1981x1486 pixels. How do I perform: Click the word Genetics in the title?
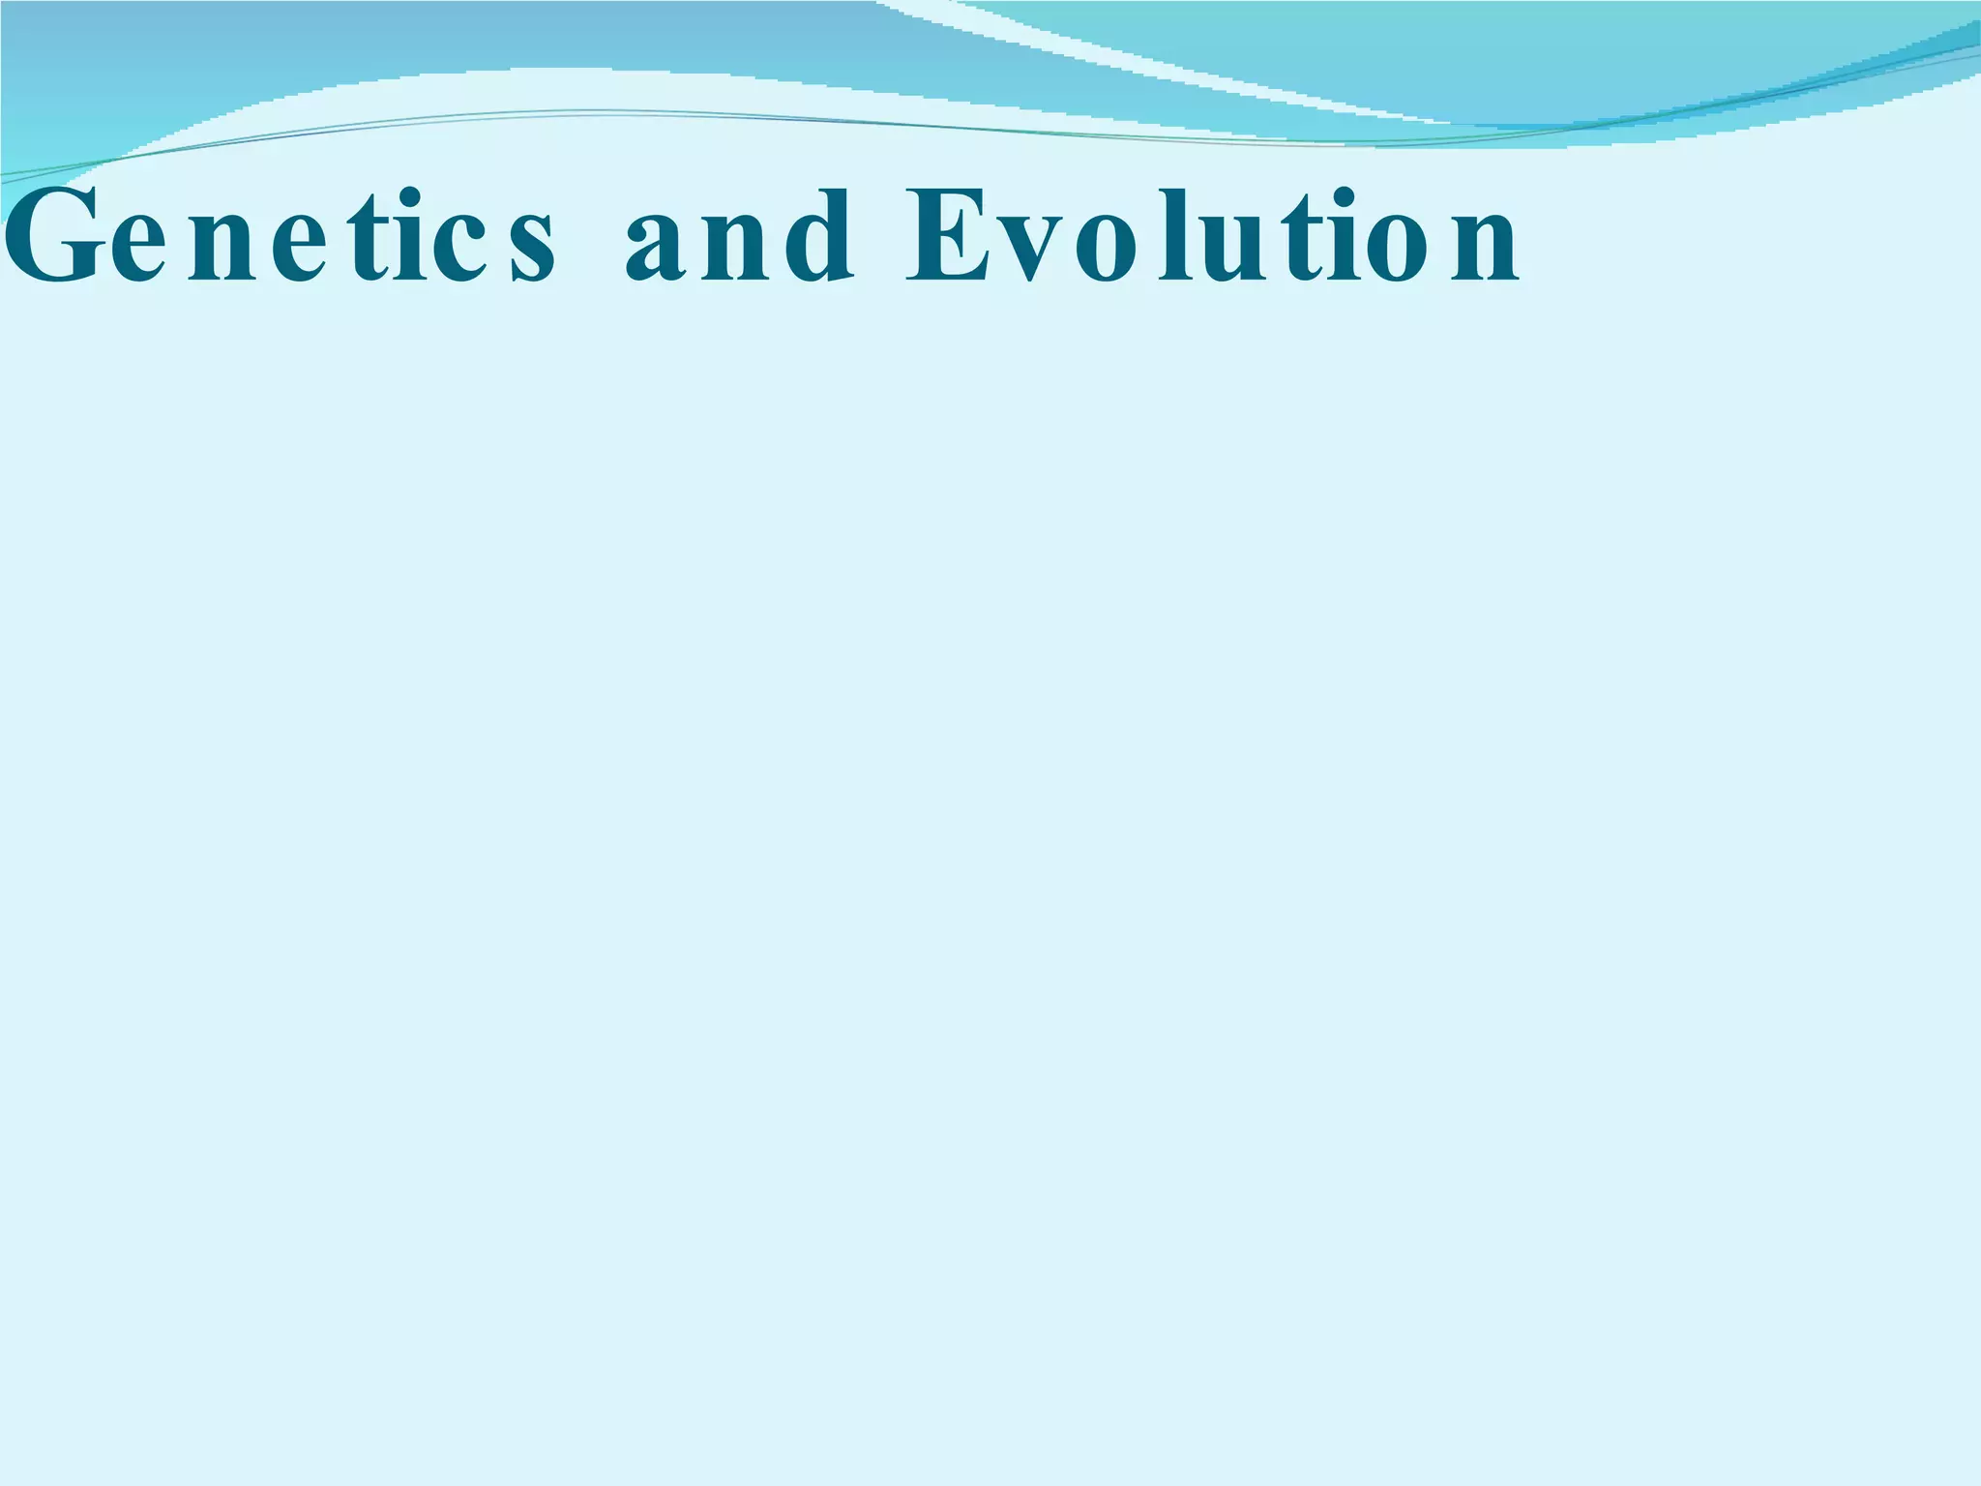281,237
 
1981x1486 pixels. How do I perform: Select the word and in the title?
740,237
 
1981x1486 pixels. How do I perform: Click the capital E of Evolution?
944,237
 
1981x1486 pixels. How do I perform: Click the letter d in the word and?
822,237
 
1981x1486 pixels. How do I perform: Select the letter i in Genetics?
410,237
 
